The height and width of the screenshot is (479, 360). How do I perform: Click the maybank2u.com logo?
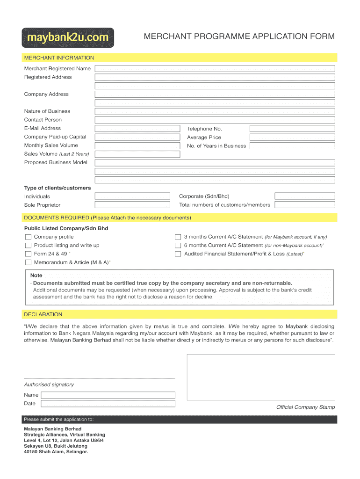(68, 37)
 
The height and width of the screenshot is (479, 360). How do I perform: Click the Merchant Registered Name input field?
(215, 69)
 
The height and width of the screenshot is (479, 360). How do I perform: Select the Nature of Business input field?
(215, 111)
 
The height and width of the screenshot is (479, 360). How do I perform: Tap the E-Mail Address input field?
(137, 129)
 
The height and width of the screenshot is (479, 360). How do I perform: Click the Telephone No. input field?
(292, 129)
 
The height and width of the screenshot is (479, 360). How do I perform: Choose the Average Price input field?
(292, 137)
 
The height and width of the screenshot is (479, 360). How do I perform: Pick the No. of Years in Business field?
(292, 145)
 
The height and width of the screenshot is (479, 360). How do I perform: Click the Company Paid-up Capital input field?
(137, 137)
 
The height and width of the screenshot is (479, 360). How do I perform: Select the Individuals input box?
(132, 196)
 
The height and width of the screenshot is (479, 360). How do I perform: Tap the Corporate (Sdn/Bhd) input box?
(304, 196)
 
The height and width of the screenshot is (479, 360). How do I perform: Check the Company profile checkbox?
(28, 237)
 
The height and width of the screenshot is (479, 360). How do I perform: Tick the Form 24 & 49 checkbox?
(28, 254)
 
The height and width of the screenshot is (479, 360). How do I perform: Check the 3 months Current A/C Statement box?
(178, 237)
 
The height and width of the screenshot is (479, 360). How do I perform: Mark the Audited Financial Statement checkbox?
(178, 254)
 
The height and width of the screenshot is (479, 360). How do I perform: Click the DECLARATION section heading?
(43, 314)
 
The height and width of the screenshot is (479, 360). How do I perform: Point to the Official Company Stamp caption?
(305, 407)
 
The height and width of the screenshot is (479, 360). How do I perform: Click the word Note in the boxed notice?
(36, 276)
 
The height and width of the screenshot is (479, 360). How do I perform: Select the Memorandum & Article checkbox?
(28, 262)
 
